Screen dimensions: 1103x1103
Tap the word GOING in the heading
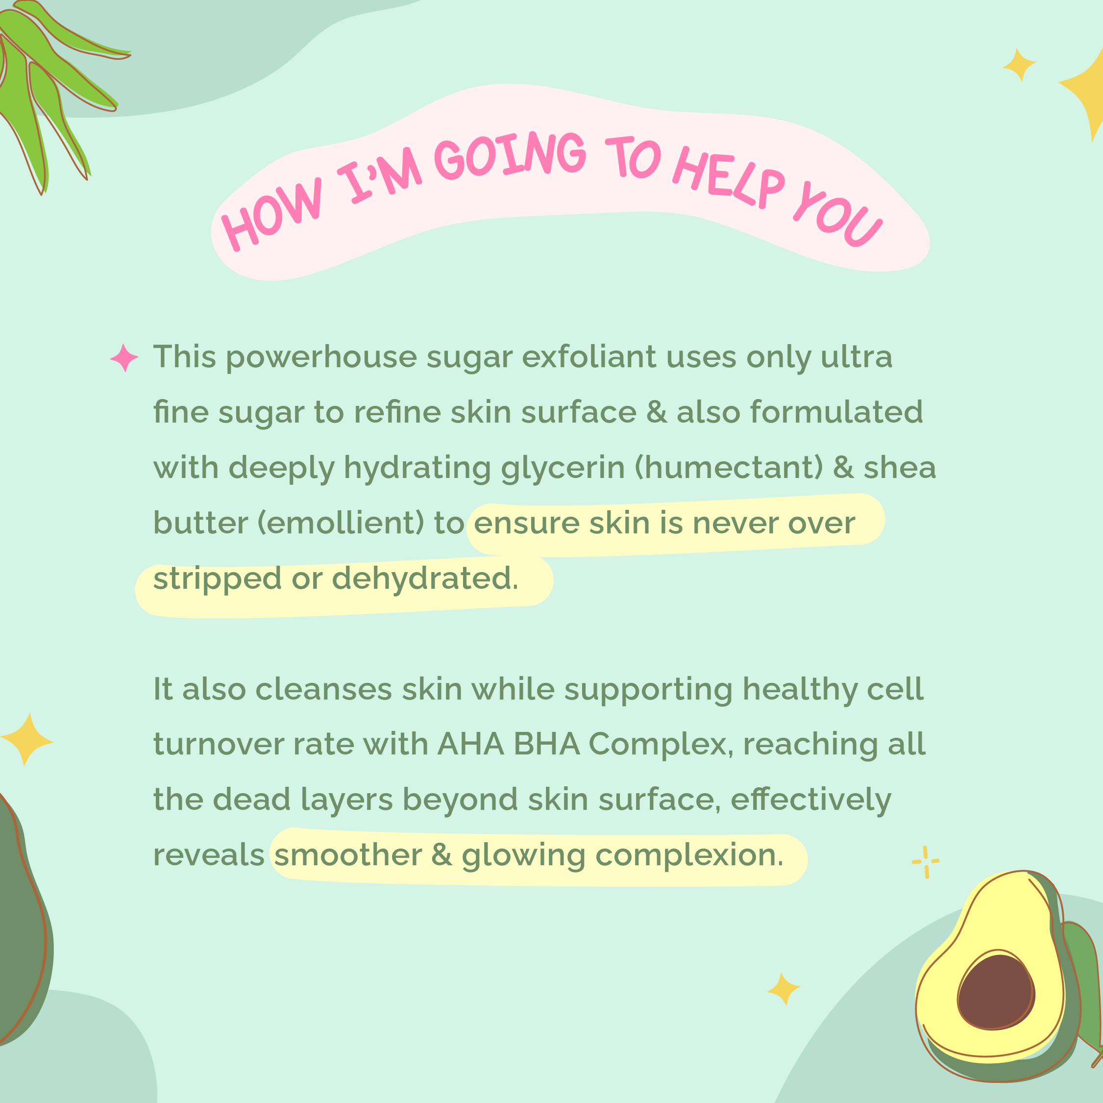coord(510,155)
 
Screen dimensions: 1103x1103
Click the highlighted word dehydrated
coord(425,578)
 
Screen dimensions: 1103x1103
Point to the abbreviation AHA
coord(471,744)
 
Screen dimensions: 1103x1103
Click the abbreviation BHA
coord(546,744)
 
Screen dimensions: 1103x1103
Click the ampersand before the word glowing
coord(441,855)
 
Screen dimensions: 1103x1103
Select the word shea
coord(900,468)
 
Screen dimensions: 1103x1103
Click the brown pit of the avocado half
coord(996,992)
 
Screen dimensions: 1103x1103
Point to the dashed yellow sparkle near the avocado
coord(926,862)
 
